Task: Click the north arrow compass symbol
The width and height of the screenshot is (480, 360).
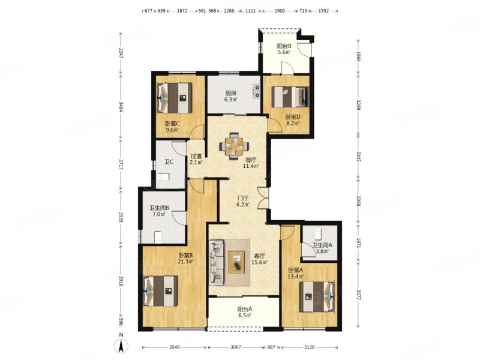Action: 121,346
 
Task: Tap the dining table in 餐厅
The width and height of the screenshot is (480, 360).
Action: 234,145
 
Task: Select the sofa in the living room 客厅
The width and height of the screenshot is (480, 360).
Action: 217,262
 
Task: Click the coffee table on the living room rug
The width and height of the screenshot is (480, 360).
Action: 236,262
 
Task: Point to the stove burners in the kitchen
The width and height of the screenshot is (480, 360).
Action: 256,92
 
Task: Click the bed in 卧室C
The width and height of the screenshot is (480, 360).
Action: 174,98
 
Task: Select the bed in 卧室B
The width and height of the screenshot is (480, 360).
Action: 161,291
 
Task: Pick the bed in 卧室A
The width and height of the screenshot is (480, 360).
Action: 317,296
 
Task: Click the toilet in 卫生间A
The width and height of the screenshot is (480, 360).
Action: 317,233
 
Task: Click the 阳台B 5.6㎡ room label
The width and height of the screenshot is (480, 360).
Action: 284,49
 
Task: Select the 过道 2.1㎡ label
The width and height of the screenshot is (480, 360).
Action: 196,159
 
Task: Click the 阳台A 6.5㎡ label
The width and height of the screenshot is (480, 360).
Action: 245,312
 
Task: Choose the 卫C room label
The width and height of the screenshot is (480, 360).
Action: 169,161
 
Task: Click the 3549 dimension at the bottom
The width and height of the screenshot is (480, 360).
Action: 174,347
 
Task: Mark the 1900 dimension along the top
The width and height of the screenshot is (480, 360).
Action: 280,11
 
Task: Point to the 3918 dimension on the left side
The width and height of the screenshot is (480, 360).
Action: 121,281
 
